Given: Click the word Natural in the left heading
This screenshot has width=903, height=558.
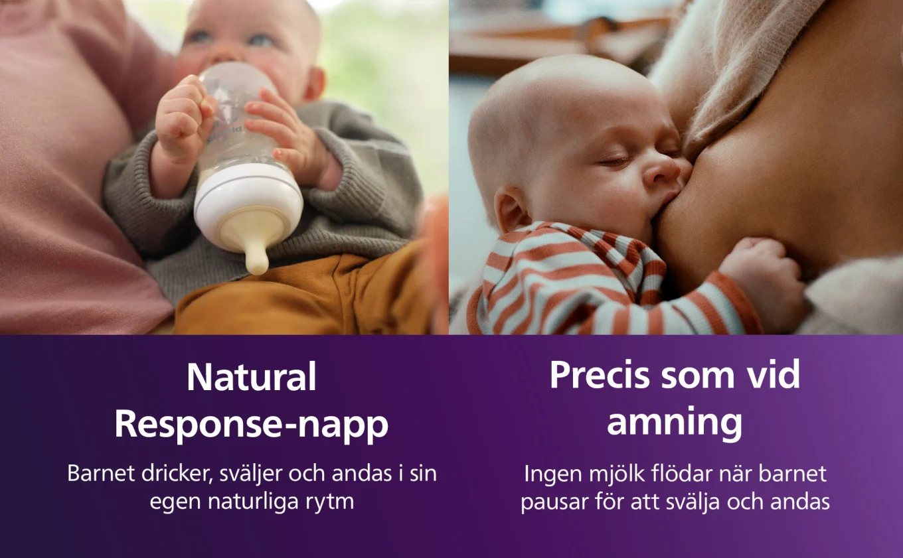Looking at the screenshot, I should (x=252, y=378).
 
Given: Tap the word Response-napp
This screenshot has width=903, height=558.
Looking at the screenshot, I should (x=252, y=425).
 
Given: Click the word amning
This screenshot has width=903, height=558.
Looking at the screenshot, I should (x=675, y=423).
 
